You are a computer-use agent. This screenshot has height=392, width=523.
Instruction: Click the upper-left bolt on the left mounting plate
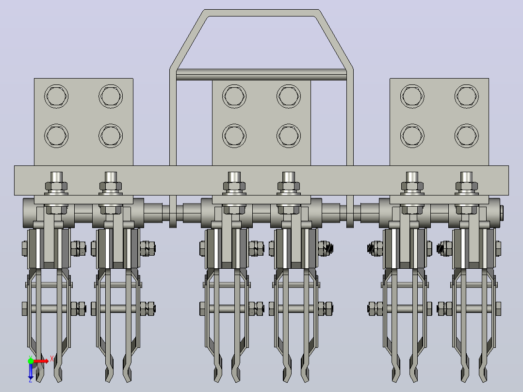(x=56, y=97)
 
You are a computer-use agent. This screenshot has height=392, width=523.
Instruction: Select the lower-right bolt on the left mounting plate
(x=111, y=136)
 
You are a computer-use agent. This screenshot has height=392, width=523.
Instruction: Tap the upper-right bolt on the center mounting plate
(x=289, y=97)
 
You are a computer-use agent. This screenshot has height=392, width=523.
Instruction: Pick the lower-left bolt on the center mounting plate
(x=234, y=136)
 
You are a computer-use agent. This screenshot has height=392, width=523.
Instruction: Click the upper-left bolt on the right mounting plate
(x=412, y=97)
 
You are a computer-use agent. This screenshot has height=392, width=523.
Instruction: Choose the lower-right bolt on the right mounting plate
(x=467, y=136)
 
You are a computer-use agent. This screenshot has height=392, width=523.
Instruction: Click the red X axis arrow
(x=41, y=361)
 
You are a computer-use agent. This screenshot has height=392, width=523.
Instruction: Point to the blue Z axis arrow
(x=31, y=372)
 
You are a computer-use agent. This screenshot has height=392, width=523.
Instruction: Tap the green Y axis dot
(x=31, y=361)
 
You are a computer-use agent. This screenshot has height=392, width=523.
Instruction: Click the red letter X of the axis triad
(x=52, y=359)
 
